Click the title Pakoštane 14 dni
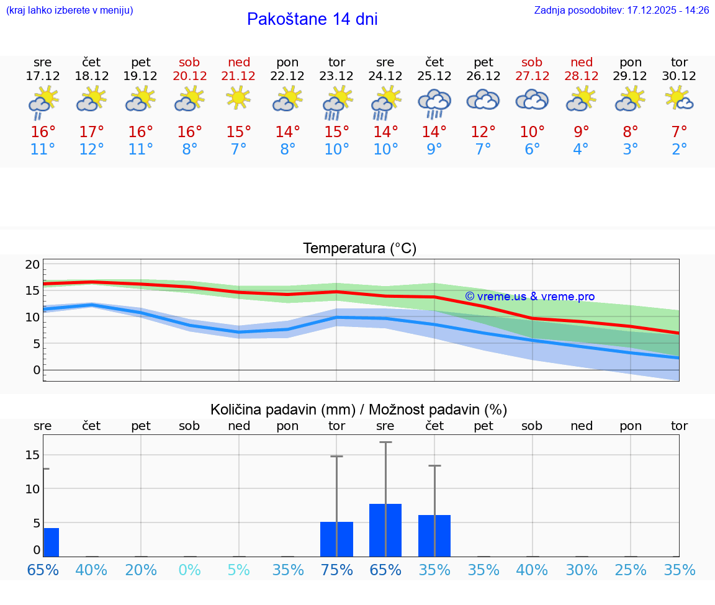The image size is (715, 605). pyautogui.click(x=312, y=19)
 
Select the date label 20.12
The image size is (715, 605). pyautogui.click(x=190, y=76)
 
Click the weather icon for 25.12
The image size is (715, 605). pyautogui.click(x=434, y=103)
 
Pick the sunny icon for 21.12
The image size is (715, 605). pyautogui.click(x=239, y=97)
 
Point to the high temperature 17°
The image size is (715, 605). pyautogui.click(x=92, y=132)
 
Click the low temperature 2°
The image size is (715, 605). pyautogui.click(x=680, y=150)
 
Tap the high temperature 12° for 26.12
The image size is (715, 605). pyautogui.click(x=483, y=132)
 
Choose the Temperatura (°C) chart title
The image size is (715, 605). pyautogui.click(x=359, y=249)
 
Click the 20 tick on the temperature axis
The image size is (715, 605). pyautogui.click(x=32, y=264)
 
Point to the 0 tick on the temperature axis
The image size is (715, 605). pyautogui.click(x=37, y=370)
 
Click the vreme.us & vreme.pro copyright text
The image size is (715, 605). pyautogui.click(x=529, y=297)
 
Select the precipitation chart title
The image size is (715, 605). pyautogui.click(x=359, y=410)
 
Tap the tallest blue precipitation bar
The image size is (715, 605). pyautogui.click(x=385, y=530)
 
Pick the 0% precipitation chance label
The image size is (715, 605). pyautogui.click(x=190, y=570)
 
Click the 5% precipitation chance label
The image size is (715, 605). pyautogui.click(x=239, y=570)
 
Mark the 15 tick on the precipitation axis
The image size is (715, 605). pyautogui.click(x=32, y=455)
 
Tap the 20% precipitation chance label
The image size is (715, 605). pyautogui.click(x=141, y=570)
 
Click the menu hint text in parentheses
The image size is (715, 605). pyautogui.click(x=70, y=11)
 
